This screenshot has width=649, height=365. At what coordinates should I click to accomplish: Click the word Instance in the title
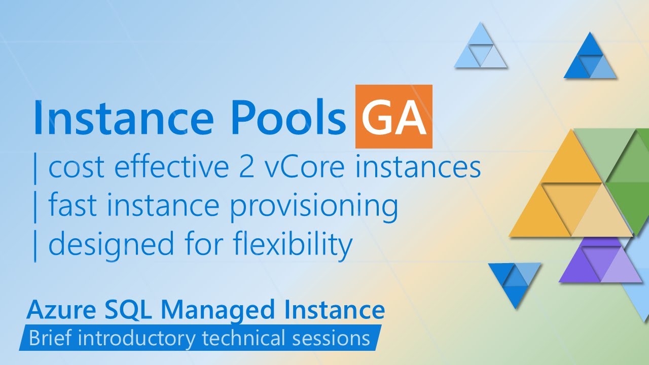click(123, 118)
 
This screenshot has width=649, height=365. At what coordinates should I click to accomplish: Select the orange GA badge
click(393, 117)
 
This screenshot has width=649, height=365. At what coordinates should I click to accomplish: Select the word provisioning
click(314, 206)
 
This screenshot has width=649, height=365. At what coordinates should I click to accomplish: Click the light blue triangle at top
click(480, 48)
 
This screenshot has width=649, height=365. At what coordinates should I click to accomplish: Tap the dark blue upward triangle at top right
click(590, 58)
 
